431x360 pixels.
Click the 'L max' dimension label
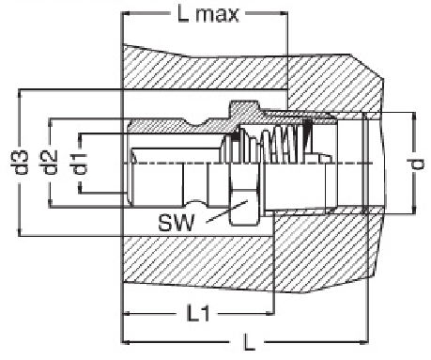pyautogui.click(x=208, y=14)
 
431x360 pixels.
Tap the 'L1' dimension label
pyautogui.click(x=198, y=314)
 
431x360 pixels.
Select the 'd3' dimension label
pyautogui.click(x=20, y=163)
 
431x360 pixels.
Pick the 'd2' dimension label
pyautogui.click(x=50, y=163)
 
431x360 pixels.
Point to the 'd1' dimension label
pyautogui.click(x=80, y=164)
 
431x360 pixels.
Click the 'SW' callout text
pyautogui.click(x=177, y=223)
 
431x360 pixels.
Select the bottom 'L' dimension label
pyautogui.click(x=249, y=342)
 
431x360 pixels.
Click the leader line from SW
pyautogui.click(x=227, y=211)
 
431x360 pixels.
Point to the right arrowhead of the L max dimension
pyautogui.click(x=284, y=13)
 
